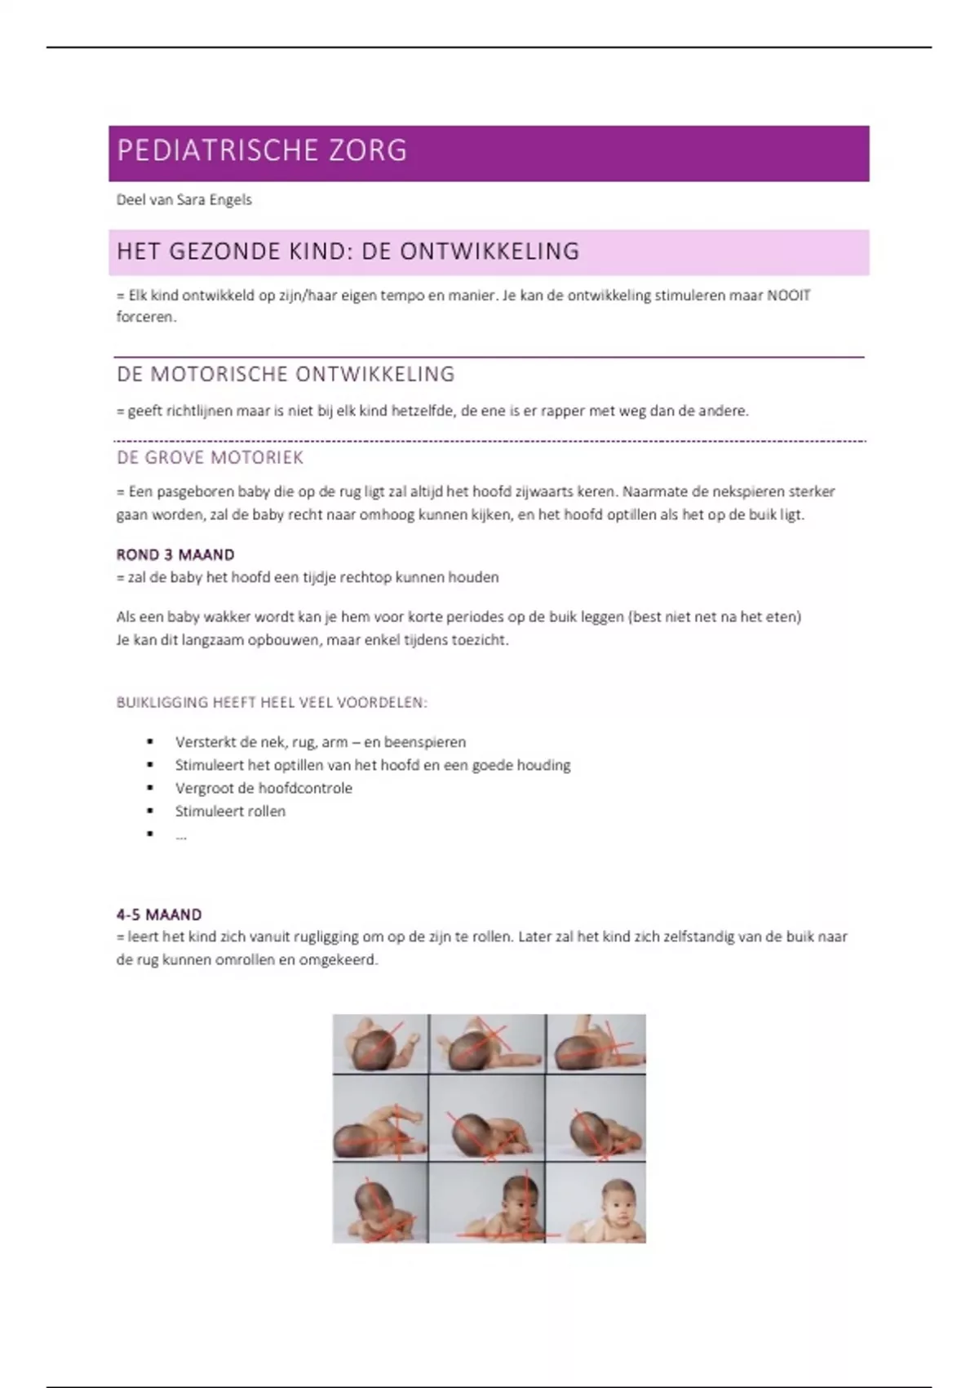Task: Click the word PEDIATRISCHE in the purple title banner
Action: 217,151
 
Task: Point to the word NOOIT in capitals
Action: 789,296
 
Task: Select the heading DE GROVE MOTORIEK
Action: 210,458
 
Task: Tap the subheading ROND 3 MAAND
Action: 175,555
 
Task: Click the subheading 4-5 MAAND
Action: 159,914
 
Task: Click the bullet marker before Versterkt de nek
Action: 150,742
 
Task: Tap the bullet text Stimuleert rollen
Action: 230,812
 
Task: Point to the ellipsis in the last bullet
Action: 180,835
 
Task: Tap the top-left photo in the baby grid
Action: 380,1043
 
